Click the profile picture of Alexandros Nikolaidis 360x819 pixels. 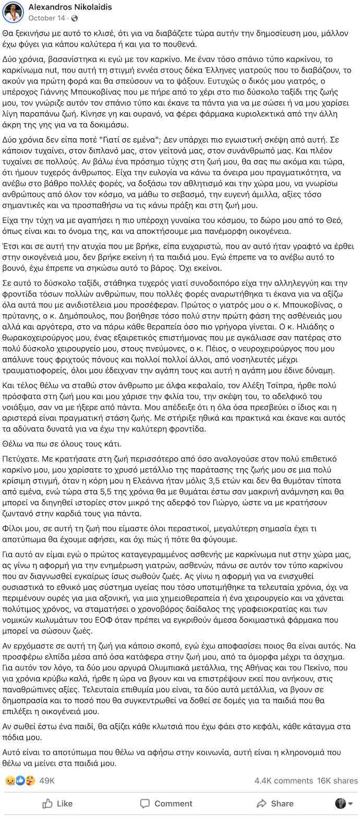click(x=13, y=12)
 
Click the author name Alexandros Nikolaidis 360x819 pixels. click(x=70, y=7)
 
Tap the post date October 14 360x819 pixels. click(x=46, y=18)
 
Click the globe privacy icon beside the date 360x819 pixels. click(x=75, y=18)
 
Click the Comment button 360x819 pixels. click(x=167, y=803)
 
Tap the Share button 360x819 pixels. click(x=275, y=803)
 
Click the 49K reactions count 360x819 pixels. click(x=47, y=780)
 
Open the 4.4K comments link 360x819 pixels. click(x=283, y=780)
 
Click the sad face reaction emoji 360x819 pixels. click(x=9, y=780)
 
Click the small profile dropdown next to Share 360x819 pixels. click(x=344, y=803)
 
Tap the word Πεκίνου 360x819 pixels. click(x=318, y=668)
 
